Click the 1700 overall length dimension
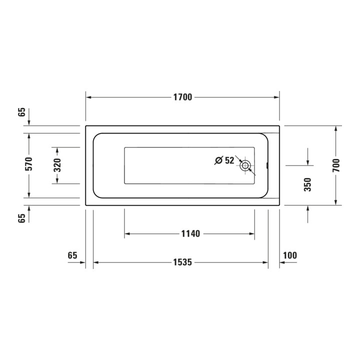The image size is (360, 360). pyautogui.click(x=182, y=97)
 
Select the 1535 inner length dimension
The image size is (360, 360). pyautogui.click(x=182, y=262)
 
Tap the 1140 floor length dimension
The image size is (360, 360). pyautogui.click(x=190, y=233)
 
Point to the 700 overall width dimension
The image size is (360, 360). pyautogui.click(x=336, y=165)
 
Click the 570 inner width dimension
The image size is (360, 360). pyautogui.click(x=29, y=163)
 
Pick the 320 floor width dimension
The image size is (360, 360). pyautogui.click(x=57, y=165)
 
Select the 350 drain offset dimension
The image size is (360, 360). pyautogui.click(x=307, y=184)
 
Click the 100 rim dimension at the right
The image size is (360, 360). pyautogui.click(x=289, y=255)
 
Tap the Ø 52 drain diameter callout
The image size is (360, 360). pyautogui.click(x=224, y=160)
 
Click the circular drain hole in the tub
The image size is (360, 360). pyautogui.click(x=245, y=165)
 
